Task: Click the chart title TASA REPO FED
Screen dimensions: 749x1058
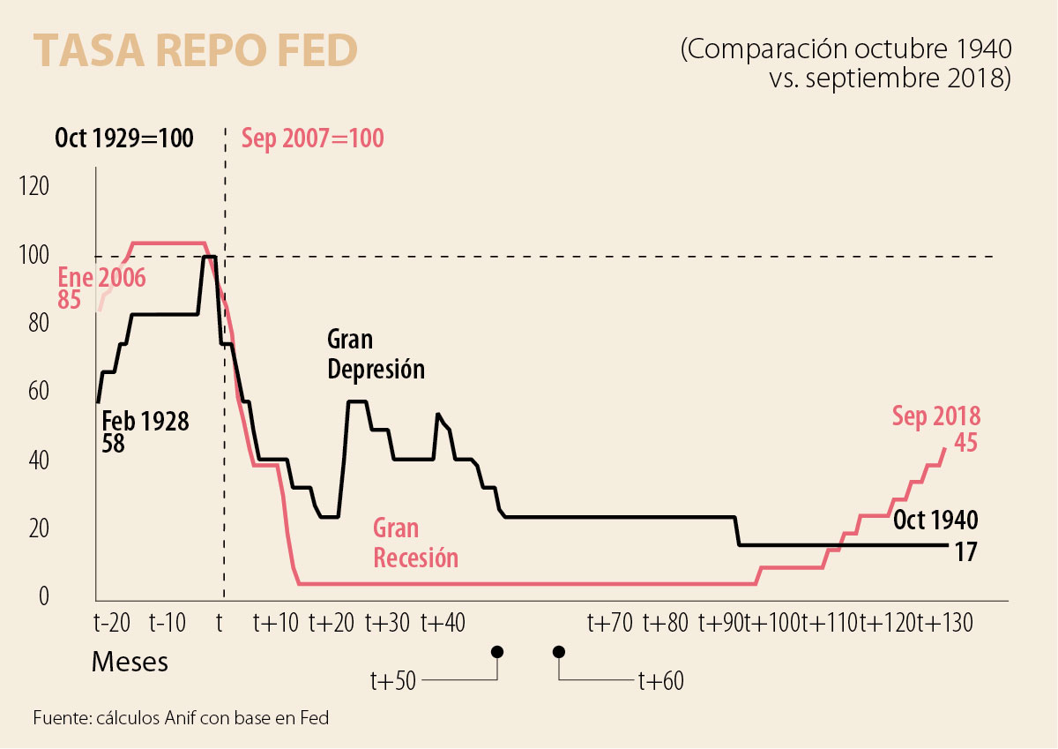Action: click(195, 52)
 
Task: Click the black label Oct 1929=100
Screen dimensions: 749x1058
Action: click(124, 139)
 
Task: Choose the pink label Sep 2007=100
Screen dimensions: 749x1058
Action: click(313, 139)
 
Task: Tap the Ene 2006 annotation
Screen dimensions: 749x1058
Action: click(101, 278)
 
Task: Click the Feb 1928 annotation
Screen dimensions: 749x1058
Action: click(145, 421)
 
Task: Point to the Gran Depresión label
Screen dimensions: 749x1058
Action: click(376, 354)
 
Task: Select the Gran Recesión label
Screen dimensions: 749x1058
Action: click(415, 543)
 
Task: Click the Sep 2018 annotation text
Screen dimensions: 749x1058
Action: click(936, 416)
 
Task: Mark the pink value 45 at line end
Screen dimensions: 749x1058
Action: click(965, 443)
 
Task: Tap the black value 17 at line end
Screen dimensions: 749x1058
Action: click(966, 553)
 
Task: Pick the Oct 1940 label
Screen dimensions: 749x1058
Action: click(935, 520)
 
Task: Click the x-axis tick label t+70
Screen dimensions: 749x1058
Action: click(610, 623)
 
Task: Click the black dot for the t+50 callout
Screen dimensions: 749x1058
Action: click(497, 652)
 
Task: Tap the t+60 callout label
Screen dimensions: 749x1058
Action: click(660, 681)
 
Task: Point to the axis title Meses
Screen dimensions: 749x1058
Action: click(130, 662)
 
